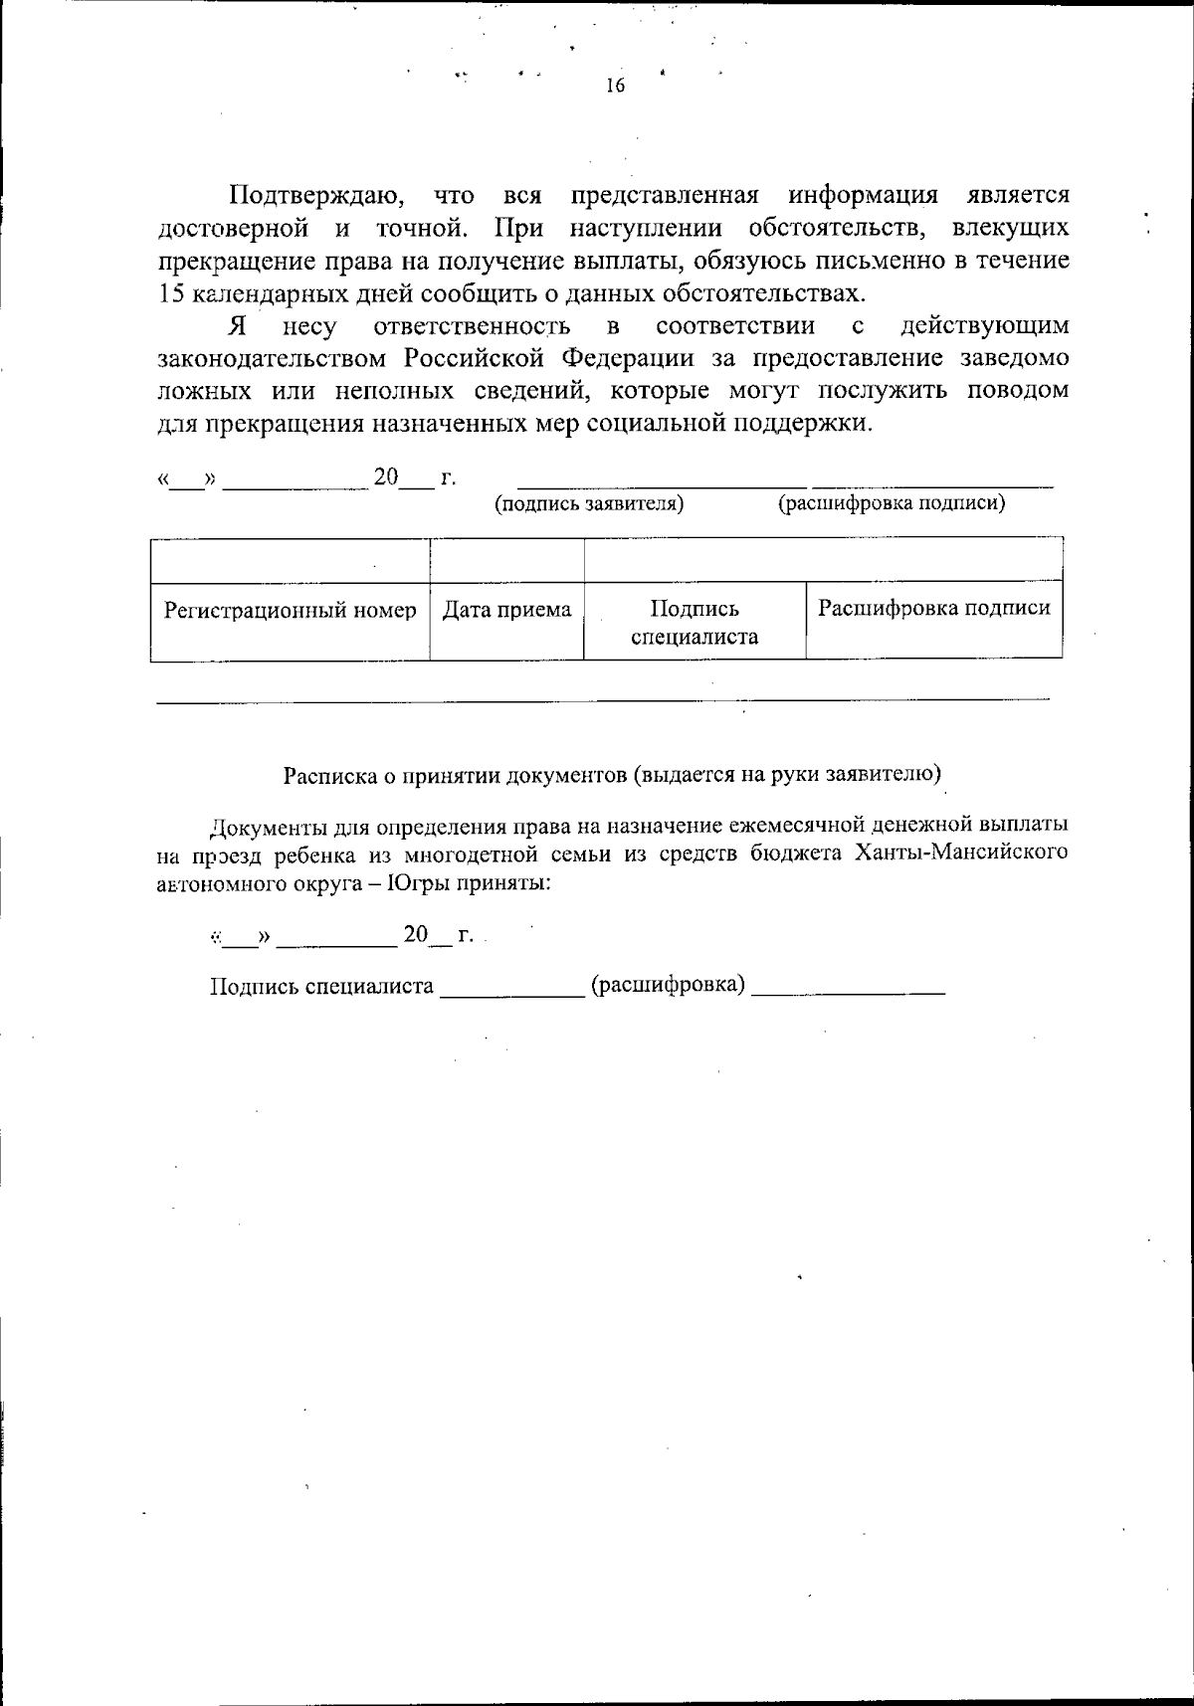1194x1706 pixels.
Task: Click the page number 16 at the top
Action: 614,86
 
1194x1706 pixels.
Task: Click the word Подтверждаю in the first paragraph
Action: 316,194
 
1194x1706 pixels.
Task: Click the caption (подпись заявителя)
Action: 589,503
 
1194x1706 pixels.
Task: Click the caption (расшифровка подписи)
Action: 891,503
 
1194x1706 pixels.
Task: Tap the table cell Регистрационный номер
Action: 290,610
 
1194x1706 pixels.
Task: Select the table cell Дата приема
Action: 506,610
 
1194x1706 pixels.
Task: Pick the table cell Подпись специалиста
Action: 694,623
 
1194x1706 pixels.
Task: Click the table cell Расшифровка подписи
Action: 933,608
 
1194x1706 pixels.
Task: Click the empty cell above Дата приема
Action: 506,560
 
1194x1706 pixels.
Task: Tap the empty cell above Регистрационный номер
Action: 290,560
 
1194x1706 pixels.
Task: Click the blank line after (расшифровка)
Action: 848,991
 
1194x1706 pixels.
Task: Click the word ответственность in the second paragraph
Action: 472,325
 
